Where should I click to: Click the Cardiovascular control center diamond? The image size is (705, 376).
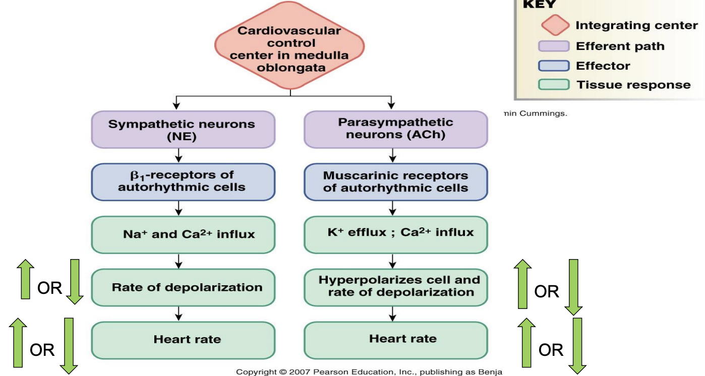coord(289,49)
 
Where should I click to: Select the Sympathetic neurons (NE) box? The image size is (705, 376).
coord(183,130)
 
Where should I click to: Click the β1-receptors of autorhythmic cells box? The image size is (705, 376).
coord(183,182)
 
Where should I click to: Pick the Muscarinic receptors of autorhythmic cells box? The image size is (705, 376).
coord(395,182)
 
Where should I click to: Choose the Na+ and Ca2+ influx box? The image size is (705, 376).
coord(183,234)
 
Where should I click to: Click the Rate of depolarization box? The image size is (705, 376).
coord(183,287)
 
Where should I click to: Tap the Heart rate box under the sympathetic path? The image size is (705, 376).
coord(183,340)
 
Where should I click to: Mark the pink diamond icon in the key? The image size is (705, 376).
coord(554,26)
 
